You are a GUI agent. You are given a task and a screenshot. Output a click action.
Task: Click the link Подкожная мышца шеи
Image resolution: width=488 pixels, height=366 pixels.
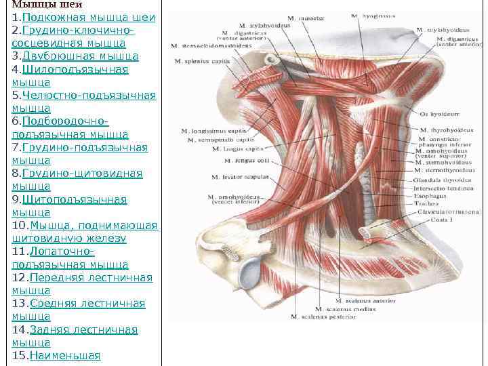click(x=89, y=17)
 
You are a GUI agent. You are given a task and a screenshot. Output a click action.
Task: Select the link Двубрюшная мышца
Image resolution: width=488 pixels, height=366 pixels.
click(x=80, y=56)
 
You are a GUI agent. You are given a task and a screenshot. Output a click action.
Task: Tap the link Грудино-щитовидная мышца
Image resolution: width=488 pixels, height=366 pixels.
click(x=82, y=174)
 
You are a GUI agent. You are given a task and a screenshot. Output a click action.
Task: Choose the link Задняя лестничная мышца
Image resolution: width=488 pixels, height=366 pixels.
click(x=83, y=330)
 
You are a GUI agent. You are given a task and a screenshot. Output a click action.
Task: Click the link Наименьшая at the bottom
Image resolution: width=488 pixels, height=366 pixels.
click(x=61, y=356)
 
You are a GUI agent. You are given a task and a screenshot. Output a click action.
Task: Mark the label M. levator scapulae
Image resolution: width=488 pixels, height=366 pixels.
click(x=243, y=177)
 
